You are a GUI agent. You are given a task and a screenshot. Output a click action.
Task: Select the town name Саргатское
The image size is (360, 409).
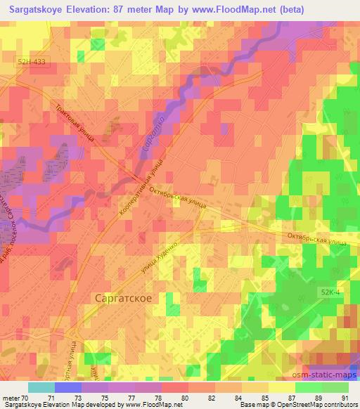coord(123,297)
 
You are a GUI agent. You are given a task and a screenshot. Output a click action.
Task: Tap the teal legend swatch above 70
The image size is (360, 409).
coord(41,387)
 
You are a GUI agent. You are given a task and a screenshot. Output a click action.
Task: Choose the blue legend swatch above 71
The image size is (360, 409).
coord(67,387)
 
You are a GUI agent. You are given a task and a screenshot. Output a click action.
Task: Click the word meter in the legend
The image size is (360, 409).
coord(12,397)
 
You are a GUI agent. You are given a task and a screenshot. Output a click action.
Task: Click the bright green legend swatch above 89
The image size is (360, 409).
coord(307,387)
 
